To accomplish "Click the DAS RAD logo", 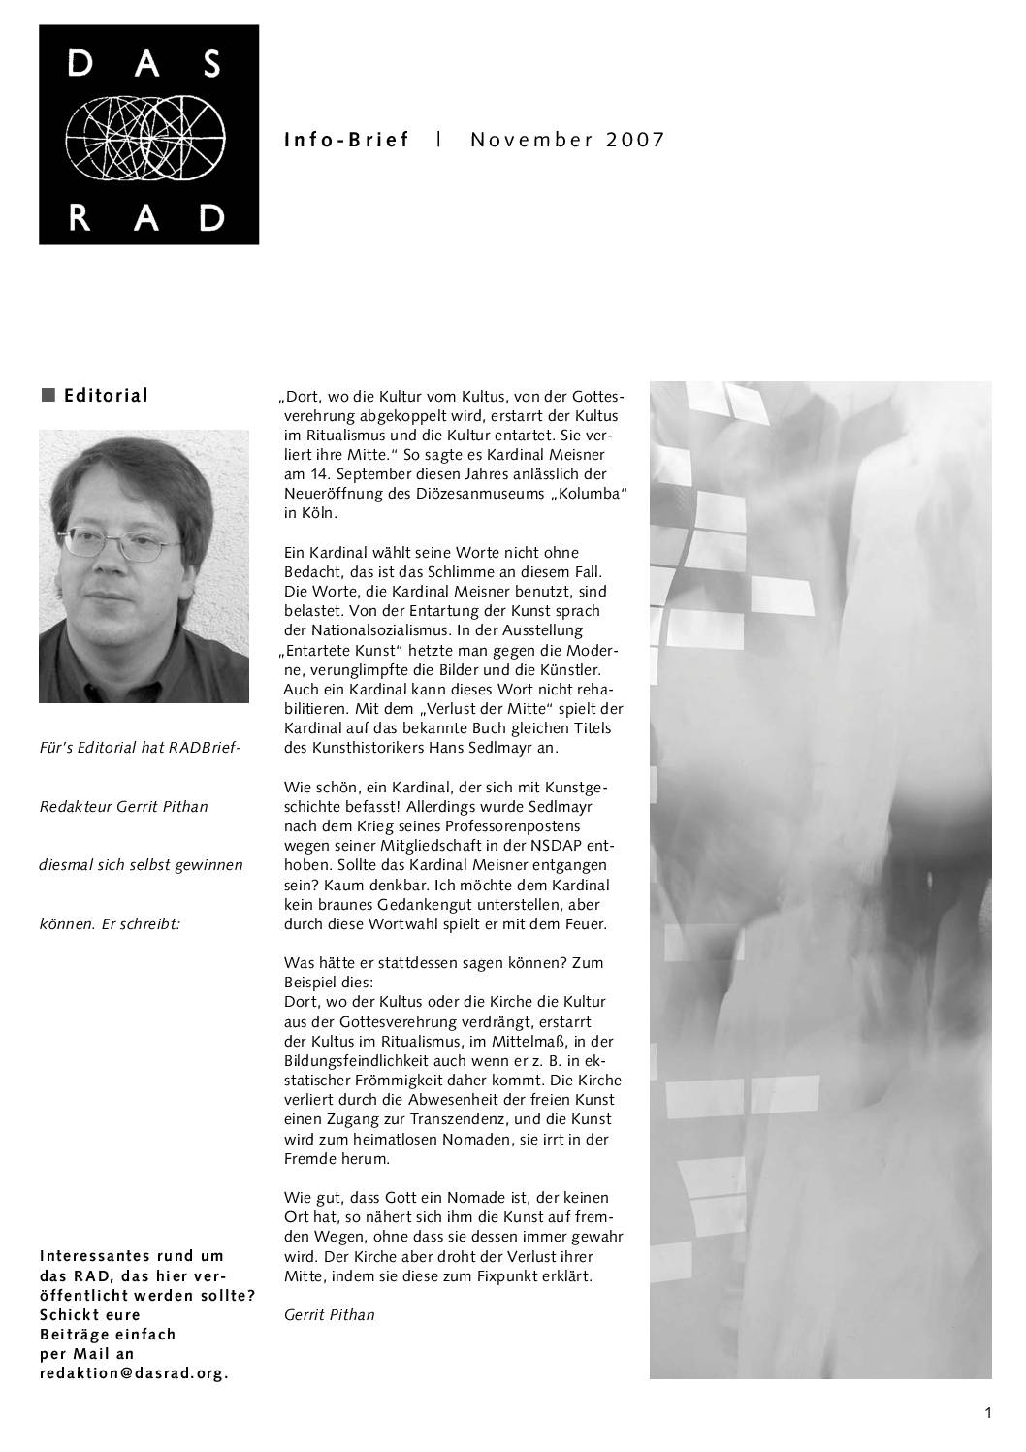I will [148, 135].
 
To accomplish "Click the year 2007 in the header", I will [636, 140].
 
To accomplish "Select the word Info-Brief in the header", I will [347, 140].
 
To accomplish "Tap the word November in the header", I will [531, 140].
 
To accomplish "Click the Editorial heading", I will [106, 395].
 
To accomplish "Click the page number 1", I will [987, 1413].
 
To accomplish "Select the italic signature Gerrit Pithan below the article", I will [329, 1315].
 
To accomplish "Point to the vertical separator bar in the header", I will [440, 139].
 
